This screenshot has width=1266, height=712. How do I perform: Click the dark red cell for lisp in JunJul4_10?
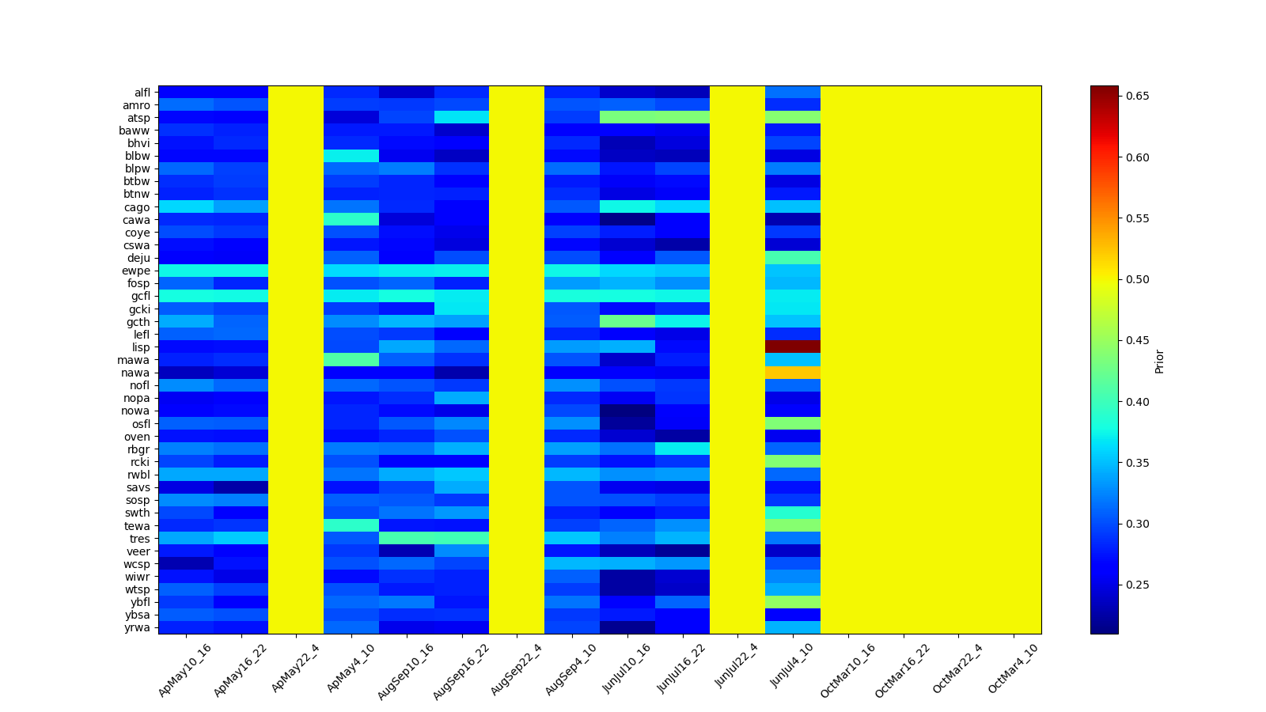(792, 347)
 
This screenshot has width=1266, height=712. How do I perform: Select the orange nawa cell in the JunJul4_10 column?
(792, 372)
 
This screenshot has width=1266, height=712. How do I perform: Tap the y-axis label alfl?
(142, 93)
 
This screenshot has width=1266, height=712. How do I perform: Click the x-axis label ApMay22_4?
(294, 668)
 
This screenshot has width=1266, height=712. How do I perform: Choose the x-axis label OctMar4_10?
(1012, 669)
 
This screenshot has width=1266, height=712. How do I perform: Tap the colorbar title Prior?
(1159, 361)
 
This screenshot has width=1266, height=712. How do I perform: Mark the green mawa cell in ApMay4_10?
(351, 359)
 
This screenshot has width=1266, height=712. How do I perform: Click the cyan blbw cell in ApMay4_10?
(351, 156)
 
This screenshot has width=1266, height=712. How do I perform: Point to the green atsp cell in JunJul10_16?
(627, 118)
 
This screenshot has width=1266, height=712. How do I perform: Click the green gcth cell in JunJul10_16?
(627, 321)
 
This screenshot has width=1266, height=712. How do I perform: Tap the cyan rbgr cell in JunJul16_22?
(682, 449)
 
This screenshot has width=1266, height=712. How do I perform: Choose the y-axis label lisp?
(141, 347)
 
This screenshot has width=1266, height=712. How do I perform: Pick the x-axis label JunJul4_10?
(790, 668)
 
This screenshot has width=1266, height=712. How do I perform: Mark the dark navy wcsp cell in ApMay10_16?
(185, 563)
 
